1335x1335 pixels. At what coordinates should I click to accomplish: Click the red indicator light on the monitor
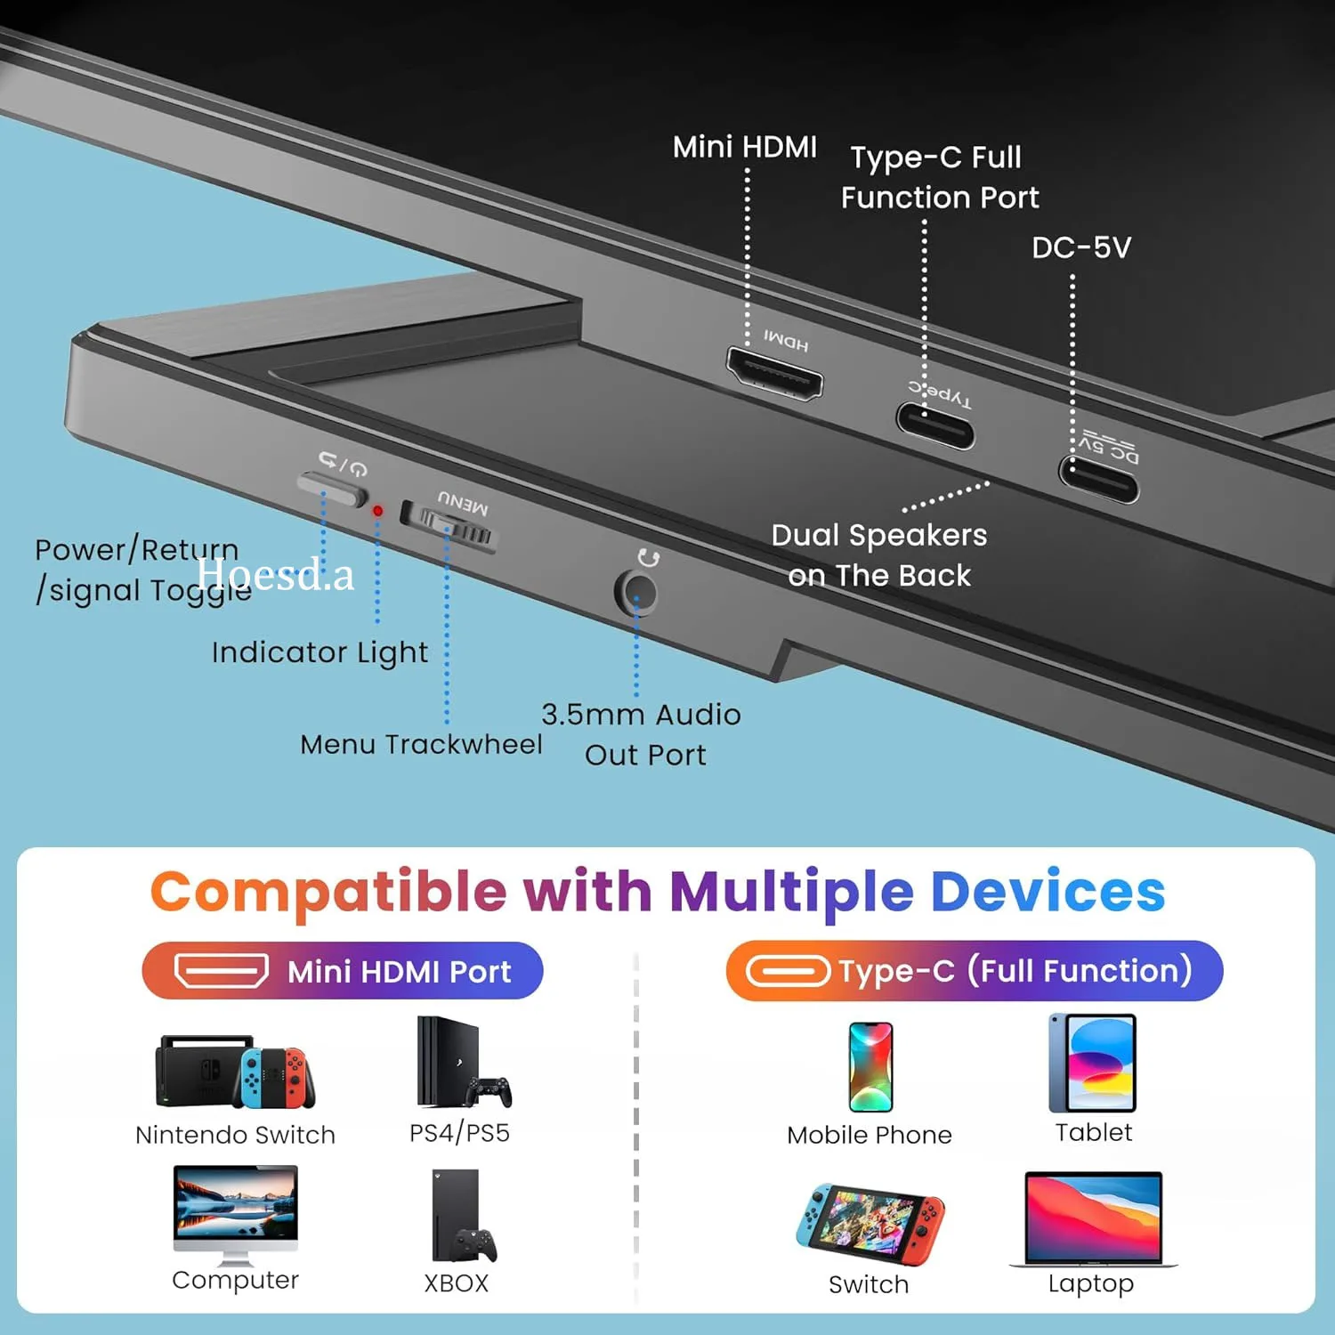[377, 511]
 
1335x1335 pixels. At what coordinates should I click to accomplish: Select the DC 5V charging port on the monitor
[1098, 479]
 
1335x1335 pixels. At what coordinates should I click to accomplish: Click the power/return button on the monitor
[332, 488]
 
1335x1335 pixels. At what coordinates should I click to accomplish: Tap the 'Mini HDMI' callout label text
[744, 147]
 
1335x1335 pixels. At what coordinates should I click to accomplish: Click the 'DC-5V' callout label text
[1080, 247]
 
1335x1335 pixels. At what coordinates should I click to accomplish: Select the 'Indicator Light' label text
[320, 652]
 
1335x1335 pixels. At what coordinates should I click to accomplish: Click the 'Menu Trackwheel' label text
[421, 744]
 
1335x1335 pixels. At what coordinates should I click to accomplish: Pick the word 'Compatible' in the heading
[328, 892]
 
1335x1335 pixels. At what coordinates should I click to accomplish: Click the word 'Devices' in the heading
[1048, 892]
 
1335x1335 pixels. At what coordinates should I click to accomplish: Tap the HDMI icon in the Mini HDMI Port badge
[221, 971]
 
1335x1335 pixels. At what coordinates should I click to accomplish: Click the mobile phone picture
[870, 1066]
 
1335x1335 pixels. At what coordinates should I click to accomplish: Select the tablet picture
[1093, 1063]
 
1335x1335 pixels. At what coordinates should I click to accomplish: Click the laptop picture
[1093, 1218]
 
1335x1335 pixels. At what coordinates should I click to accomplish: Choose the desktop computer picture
[236, 1213]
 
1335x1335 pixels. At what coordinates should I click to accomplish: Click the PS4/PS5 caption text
[459, 1133]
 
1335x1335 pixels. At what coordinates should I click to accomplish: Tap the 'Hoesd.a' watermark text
[275, 574]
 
